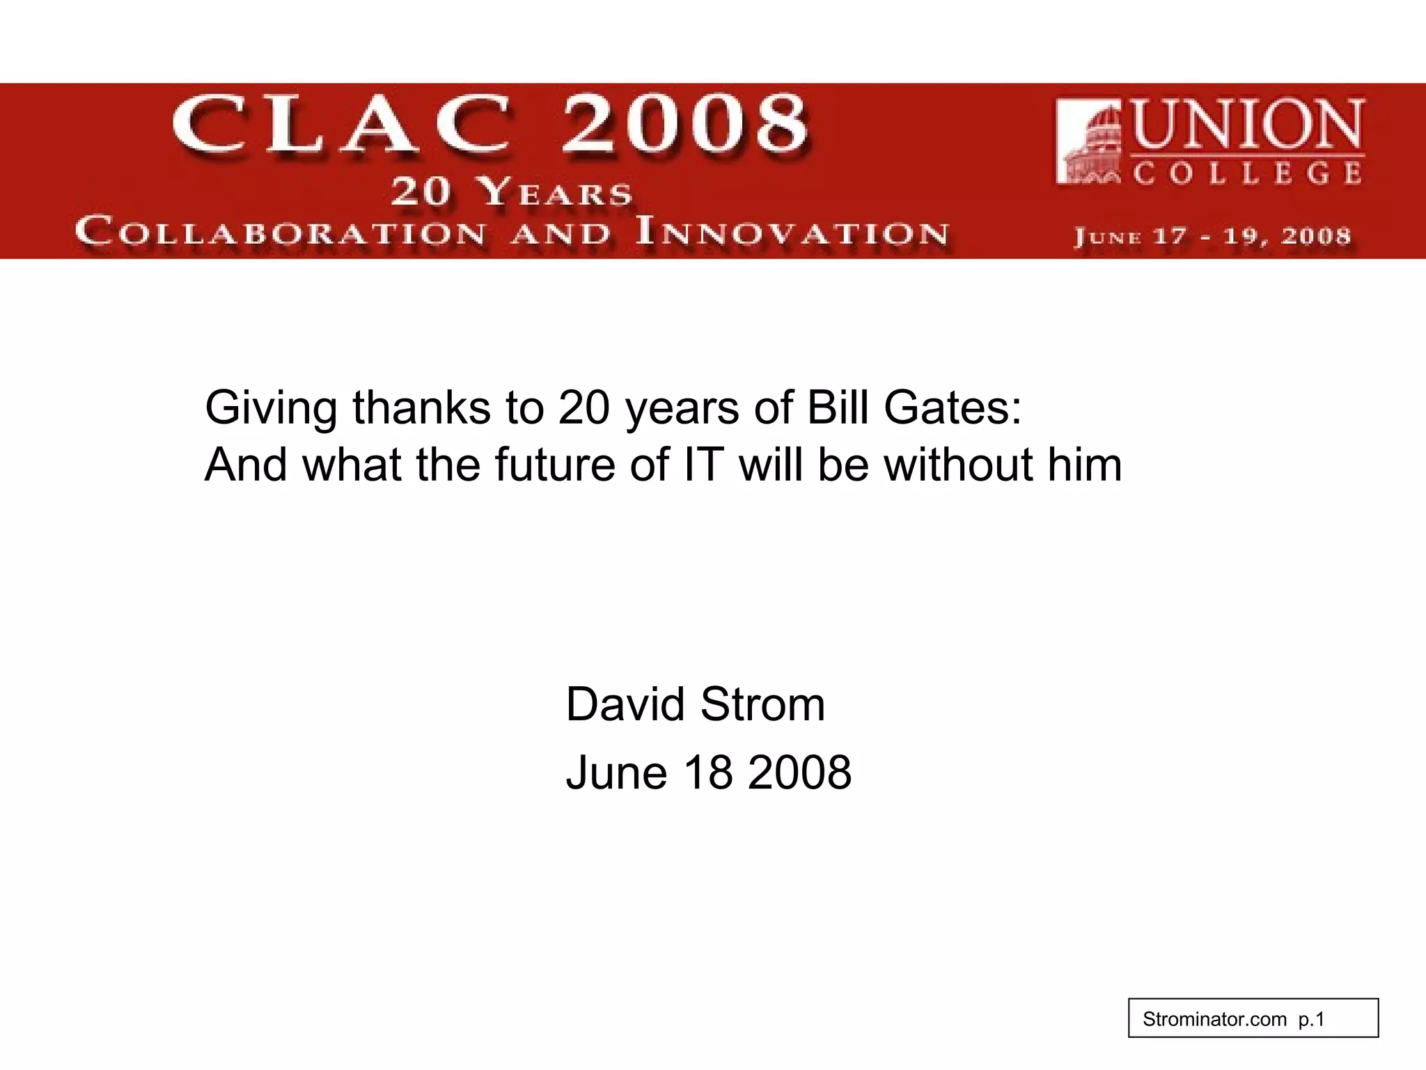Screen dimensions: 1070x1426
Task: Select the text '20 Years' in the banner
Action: [512, 192]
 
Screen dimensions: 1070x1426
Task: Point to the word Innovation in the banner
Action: [792, 233]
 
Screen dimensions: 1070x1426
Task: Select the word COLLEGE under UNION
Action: [1247, 173]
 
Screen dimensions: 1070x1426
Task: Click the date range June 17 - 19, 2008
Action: [1212, 236]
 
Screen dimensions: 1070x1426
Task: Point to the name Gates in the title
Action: [953, 408]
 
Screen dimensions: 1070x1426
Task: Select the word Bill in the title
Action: [838, 408]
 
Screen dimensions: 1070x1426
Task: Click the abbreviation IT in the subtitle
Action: [703, 465]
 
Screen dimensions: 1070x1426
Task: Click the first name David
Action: [625, 704]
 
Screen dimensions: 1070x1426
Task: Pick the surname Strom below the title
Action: [762, 704]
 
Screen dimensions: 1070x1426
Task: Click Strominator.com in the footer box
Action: [1214, 1020]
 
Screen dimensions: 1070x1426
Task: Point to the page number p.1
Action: [1312, 1020]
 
